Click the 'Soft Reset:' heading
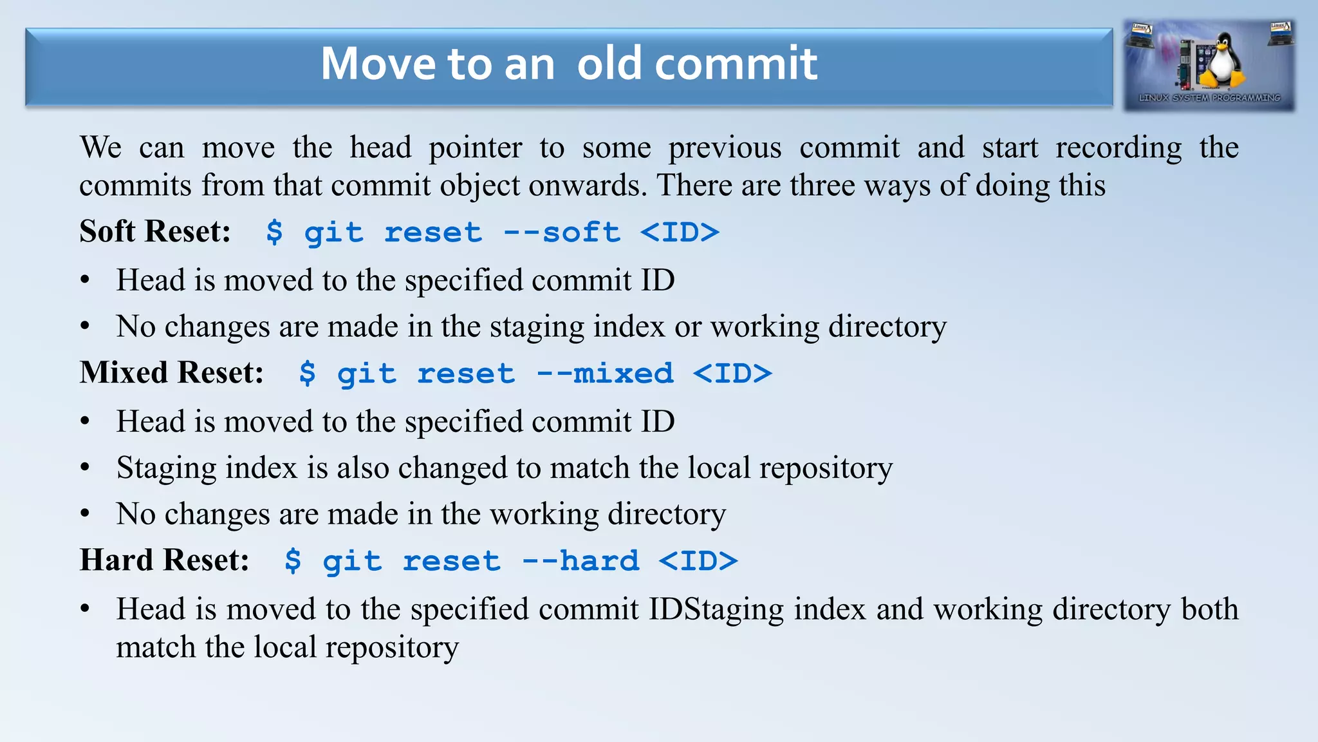(x=155, y=231)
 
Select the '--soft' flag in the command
(x=562, y=233)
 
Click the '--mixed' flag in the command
(x=605, y=374)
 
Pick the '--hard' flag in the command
(x=580, y=561)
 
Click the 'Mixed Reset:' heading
(x=172, y=372)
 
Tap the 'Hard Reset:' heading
(x=164, y=560)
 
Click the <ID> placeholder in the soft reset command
(x=680, y=233)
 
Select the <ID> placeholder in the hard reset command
(x=698, y=561)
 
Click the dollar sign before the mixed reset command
(x=308, y=374)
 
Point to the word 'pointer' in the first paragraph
(x=475, y=148)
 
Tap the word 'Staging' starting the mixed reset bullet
(x=166, y=468)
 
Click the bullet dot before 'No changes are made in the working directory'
(x=85, y=514)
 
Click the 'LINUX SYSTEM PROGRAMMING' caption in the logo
(x=1209, y=98)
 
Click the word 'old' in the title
(x=609, y=64)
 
